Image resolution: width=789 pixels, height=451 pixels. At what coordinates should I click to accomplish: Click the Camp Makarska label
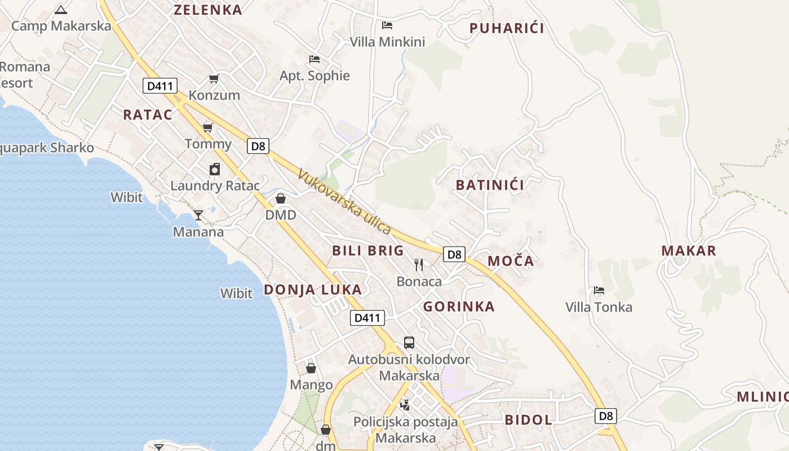pyautogui.click(x=61, y=26)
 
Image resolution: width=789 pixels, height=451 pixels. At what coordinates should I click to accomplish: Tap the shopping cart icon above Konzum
pyautogui.click(x=214, y=78)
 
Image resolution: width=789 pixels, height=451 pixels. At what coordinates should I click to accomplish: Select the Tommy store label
pyautogui.click(x=208, y=144)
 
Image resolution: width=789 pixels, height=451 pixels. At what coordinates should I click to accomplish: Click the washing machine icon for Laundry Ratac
pyautogui.click(x=215, y=169)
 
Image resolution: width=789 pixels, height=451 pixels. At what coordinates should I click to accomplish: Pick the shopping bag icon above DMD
pyautogui.click(x=281, y=198)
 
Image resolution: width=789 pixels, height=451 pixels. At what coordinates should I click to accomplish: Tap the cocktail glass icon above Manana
pyautogui.click(x=198, y=215)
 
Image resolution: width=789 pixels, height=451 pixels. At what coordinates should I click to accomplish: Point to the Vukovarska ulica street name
pyautogui.click(x=344, y=201)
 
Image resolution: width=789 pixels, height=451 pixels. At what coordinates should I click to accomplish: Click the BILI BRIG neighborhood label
pyautogui.click(x=368, y=251)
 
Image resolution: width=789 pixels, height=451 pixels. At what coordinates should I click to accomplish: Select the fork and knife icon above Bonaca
pyautogui.click(x=419, y=264)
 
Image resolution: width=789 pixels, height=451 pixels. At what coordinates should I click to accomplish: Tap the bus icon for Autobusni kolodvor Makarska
pyautogui.click(x=409, y=342)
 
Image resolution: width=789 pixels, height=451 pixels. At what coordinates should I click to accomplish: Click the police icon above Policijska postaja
pyautogui.click(x=405, y=404)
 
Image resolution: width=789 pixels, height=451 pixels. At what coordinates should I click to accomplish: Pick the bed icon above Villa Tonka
pyautogui.click(x=599, y=291)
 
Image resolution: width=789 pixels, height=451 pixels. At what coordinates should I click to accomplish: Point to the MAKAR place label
pyautogui.click(x=689, y=251)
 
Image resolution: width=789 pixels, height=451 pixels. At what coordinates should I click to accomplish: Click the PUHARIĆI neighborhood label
pyautogui.click(x=507, y=28)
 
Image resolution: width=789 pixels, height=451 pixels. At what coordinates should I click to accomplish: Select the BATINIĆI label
pyautogui.click(x=490, y=185)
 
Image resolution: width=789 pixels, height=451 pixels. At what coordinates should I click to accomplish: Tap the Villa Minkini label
pyautogui.click(x=387, y=42)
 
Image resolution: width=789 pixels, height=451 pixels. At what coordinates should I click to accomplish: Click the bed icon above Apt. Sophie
pyautogui.click(x=314, y=59)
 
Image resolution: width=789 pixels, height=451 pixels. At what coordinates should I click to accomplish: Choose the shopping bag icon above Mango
pyautogui.click(x=311, y=368)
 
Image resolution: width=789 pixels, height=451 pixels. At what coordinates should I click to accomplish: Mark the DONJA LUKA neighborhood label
pyautogui.click(x=313, y=290)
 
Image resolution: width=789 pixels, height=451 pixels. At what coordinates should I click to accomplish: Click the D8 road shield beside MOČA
pyautogui.click(x=454, y=254)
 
